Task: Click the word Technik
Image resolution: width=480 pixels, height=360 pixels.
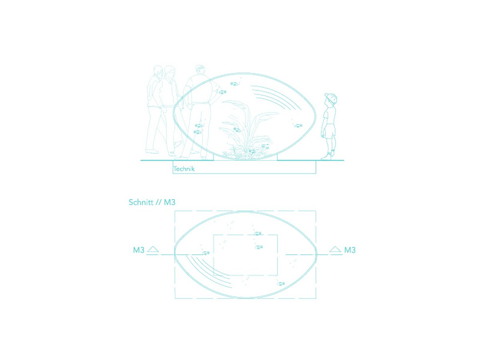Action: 184,169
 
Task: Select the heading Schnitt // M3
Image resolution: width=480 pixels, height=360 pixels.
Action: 152,202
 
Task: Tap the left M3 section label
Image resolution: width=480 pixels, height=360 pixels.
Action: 139,250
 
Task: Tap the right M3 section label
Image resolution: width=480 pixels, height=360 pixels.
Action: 350,250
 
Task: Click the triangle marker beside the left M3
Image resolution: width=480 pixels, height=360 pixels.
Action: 153,249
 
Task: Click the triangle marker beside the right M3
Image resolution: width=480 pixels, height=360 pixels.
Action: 335,249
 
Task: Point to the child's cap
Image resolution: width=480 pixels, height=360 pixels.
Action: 330,97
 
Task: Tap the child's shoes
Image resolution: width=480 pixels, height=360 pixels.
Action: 327,156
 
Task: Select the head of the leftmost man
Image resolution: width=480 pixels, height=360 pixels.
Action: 158,71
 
